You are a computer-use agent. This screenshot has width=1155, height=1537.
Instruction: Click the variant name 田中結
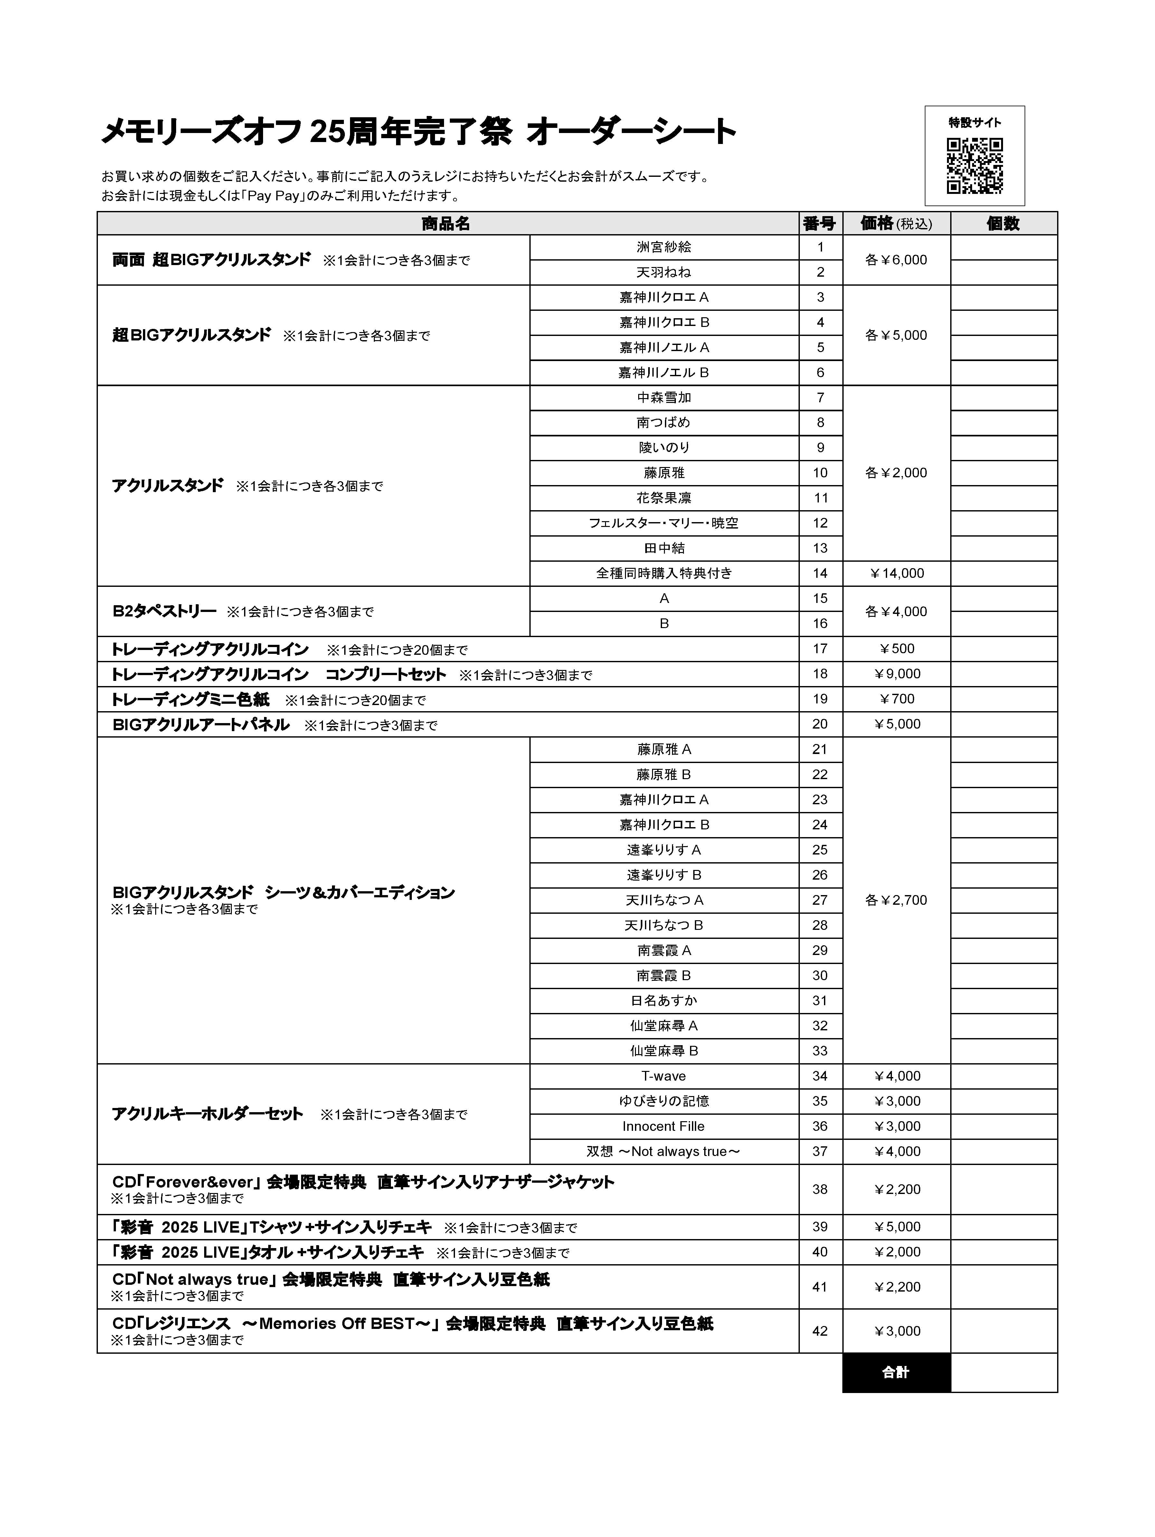[x=664, y=548]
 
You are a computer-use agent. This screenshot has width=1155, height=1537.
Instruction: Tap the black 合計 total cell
[x=896, y=1372]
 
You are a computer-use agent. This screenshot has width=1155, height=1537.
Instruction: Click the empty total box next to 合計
[x=1003, y=1372]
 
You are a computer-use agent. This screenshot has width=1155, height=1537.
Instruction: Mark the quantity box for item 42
[x=1003, y=1331]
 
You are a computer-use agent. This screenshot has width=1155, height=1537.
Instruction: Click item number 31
[x=820, y=1001]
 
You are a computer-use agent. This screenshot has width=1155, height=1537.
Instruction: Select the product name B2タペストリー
[x=165, y=611]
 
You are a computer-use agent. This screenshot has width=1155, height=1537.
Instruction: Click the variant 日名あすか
[x=664, y=1001]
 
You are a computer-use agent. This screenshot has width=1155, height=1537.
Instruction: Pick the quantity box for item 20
[x=1003, y=724]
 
